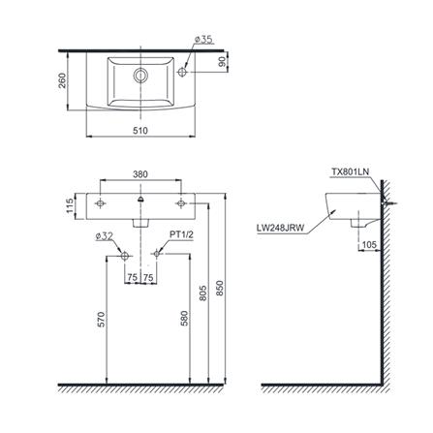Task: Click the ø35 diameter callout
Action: (203, 40)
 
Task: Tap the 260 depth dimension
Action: (62, 80)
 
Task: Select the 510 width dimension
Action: (140, 131)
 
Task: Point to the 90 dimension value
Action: (223, 61)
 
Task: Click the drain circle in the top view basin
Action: (140, 76)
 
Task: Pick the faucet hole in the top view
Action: (183, 72)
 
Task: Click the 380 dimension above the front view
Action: (140, 174)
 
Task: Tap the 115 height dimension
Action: (70, 206)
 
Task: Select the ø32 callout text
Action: (105, 236)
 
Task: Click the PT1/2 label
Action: (182, 234)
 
